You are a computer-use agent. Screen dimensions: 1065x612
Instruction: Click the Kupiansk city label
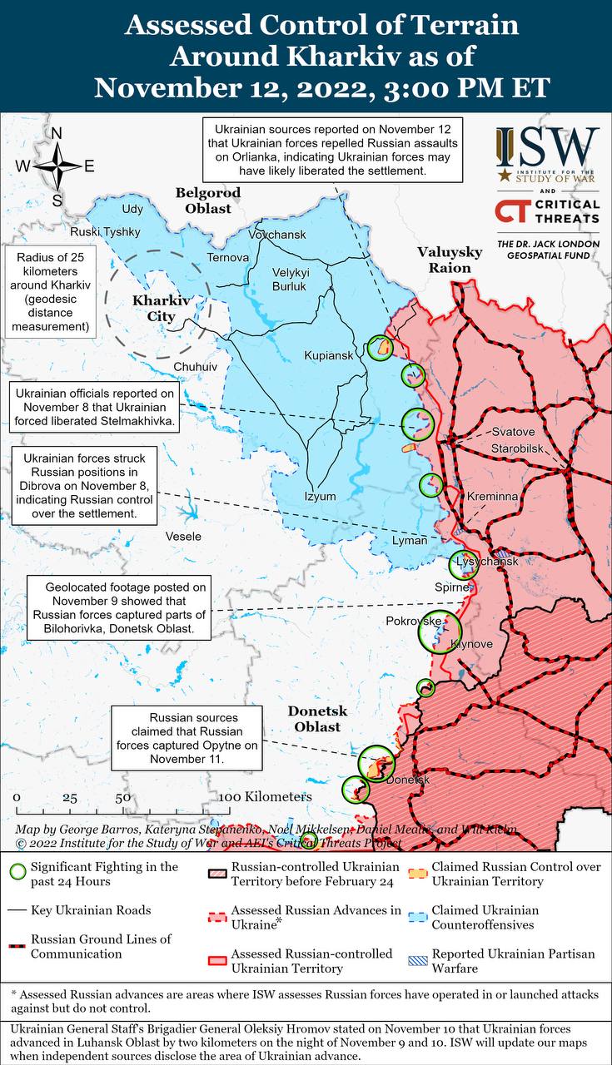click(329, 355)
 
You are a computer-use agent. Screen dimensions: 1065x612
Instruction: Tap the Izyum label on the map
click(320, 497)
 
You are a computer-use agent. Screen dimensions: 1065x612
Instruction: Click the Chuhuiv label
click(195, 366)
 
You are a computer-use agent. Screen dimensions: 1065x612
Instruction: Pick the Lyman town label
click(410, 541)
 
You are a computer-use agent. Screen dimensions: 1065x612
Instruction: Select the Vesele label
click(183, 536)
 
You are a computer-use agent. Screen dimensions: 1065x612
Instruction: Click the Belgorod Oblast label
click(207, 201)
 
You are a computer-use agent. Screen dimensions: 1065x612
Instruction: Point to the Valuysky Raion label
click(450, 260)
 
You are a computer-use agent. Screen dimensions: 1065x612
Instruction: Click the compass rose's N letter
click(57, 134)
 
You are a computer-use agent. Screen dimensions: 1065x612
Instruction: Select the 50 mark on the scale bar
click(122, 796)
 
